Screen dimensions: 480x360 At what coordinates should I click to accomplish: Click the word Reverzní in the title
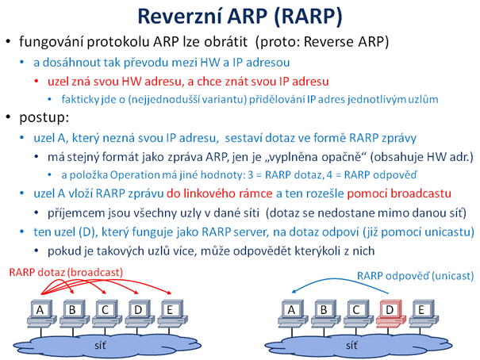point(180,16)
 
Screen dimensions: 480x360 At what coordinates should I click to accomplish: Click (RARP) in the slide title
point(308,17)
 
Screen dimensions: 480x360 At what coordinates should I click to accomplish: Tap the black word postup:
point(44,118)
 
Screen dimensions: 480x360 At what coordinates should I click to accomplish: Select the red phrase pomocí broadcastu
point(399,193)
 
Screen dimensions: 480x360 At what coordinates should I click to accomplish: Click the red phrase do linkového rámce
point(220,193)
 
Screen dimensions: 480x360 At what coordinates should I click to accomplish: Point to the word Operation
point(135,175)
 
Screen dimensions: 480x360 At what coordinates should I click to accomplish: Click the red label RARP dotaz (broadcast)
point(66,272)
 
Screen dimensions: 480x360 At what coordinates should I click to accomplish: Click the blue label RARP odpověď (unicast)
point(416,276)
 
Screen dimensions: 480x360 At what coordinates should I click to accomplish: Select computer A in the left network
point(41,313)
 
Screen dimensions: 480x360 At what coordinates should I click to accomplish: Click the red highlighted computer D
point(390,313)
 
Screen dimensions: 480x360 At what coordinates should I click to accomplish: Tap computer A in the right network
point(293,313)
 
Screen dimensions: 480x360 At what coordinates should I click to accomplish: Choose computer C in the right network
point(358,313)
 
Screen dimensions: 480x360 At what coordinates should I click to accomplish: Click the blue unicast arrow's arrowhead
point(294,291)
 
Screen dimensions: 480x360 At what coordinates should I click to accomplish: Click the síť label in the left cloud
point(100,346)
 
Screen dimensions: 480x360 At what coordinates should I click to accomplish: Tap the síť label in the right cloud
point(351,346)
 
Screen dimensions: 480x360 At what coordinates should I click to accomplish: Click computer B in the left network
point(74,313)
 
